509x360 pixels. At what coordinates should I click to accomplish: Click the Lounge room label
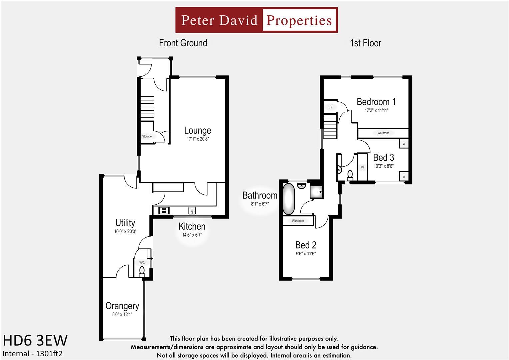(x=197, y=131)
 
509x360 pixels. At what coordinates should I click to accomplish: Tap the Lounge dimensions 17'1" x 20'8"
(x=198, y=139)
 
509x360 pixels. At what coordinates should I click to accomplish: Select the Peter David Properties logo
(x=257, y=20)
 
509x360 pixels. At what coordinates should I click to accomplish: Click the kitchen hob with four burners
(x=164, y=210)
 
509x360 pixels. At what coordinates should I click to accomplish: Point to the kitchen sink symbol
(x=192, y=211)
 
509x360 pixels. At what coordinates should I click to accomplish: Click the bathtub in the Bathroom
(x=289, y=199)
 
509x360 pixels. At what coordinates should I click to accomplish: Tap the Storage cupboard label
(x=147, y=136)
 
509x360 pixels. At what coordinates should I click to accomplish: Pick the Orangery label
(x=122, y=306)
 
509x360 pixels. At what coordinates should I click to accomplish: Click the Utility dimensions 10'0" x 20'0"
(x=125, y=231)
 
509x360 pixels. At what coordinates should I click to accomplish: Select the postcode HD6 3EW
(x=35, y=340)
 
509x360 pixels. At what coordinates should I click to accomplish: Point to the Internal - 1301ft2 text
(x=32, y=354)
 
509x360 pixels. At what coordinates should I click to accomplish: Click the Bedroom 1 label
(x=376, y=102)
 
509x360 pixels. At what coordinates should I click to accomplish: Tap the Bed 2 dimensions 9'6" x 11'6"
(x=306, y=254)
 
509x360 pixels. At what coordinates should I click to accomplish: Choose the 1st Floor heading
(x=366, y=43)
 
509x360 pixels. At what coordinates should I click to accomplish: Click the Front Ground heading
(x=183, y=43)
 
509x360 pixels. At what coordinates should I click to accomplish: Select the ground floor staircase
(x=147, y=109)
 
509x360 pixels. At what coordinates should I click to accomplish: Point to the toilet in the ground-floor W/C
(x=142, y=272)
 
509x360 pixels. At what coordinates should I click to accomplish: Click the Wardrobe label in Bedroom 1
(x=383, y=133)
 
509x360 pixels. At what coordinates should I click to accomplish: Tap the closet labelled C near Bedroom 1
(x=330, y=107)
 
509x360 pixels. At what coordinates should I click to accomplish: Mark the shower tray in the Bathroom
(x=317, y=192)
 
